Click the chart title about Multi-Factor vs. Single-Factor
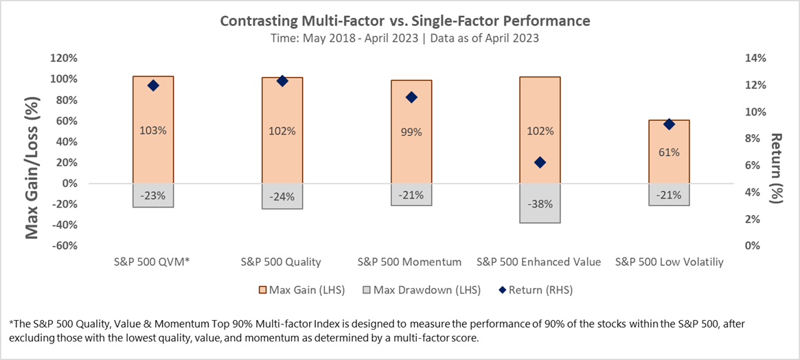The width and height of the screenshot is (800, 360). pyautogui.click(x=404, y=21)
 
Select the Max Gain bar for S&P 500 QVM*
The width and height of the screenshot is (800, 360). pyautogui.click(x=152, y=110)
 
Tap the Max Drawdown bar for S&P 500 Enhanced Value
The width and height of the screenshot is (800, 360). pyautogui.click(x=540, y=203)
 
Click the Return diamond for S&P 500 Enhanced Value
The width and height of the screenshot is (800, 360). pyautogui.click(x=540, y=162)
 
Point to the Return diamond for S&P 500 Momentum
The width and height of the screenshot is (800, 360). pyautogui.click(x=411, y=98)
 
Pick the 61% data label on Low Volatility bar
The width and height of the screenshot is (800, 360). pyautogui.click(x=669, y=152)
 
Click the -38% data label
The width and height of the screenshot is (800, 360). pyautogui.click(x=540, y=204)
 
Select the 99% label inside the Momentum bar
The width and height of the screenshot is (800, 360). pyautogui.click(x=411, y=131)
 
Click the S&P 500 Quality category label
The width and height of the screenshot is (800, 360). pyautogui.click(x=281, y=262)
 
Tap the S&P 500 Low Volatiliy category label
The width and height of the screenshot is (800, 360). pyautogui.click(x=669, y=262)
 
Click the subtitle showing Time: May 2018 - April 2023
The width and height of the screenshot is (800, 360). pyautogui.click(x=404, y=38)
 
